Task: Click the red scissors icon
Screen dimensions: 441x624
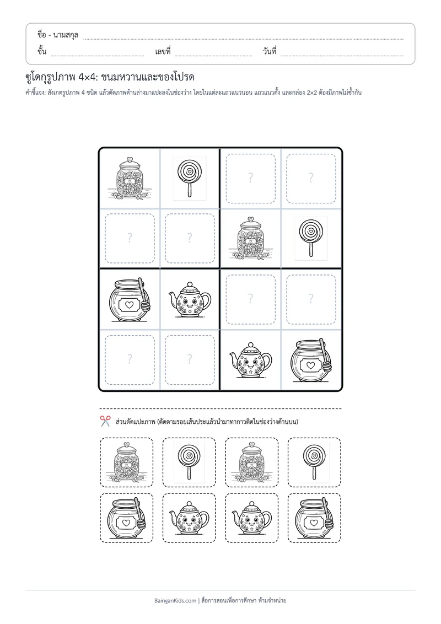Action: click(x=105, y=421)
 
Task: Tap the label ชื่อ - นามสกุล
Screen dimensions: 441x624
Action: click(x=58, y=35)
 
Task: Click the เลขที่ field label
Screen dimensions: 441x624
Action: click(x=163, y=51)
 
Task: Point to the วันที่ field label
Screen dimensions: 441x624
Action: click(x=270, y=51)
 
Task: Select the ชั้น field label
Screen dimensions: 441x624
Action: click(x=42, y=51)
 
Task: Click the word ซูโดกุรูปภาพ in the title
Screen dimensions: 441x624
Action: click(x=49, y=77)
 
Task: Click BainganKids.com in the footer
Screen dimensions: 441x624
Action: click(x=175, y=600)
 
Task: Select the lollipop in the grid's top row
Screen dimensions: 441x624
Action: click(x=190, y=178)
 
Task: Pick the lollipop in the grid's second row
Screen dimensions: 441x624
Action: click(x=311, y=238)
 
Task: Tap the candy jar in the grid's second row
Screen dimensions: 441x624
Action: click(x=250, y=238)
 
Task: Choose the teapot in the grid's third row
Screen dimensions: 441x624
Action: click(x=190, y=300)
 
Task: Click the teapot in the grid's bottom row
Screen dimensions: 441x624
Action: click(x=250, y=360)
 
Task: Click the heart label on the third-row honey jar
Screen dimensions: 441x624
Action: click(x=129, y=305)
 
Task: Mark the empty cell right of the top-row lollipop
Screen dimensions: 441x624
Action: click(x=250, y=178)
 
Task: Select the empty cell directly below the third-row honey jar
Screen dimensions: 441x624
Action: click(x=130, y=360)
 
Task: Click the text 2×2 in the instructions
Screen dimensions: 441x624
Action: click(x=311, y=93)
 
